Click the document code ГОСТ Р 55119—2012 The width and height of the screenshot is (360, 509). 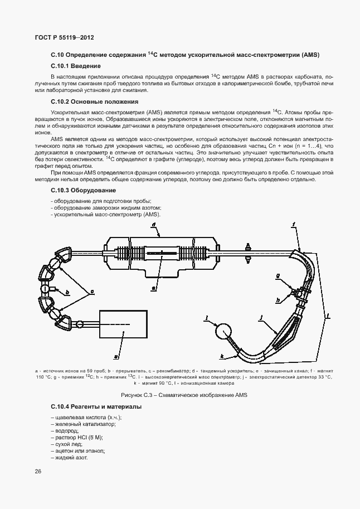click(x=65, y=37)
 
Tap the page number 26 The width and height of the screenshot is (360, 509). click(x=38, y=472)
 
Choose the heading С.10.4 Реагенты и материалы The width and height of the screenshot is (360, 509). click(x=96, y=407)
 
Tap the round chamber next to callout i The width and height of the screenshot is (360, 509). click(x=225, y=332)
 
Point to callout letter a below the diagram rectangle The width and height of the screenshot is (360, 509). click(x=116, y=355)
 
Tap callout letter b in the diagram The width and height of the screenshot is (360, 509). click(x=67, y=292)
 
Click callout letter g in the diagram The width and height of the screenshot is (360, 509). click(x=277, y=276)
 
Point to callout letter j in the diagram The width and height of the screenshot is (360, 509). click(x=260, y=316)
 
